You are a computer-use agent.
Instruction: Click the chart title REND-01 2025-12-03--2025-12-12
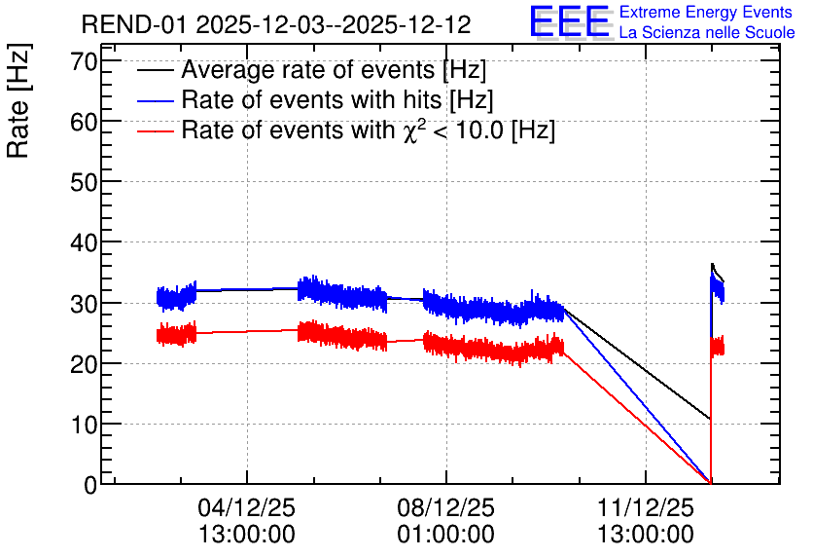pyautogui.click(x=276, y=24)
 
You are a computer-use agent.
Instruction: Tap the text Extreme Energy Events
pyautogui.click(x=706, y=12)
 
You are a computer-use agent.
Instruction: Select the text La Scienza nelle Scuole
pyautogui.click(x=707, y=33)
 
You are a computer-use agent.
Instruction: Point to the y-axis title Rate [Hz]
pyautogui.click(x=18, y=100)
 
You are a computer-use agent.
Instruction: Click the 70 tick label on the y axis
pyautogui.click(x=84, y=61)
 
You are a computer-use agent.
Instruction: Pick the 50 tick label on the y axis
pyautogui.click(x=84, y=183)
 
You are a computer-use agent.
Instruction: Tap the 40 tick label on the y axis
pyautogui.click(x=84, y=242)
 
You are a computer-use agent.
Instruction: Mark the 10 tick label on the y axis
pyautogui.click(x=84, y=425)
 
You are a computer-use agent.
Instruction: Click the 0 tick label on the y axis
pyautogui.click(x=90, y=485)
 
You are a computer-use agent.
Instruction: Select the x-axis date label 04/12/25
pyautogui.click(x=246, y=508)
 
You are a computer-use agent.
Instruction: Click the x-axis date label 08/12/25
pyautogui.click(x=446, y=508)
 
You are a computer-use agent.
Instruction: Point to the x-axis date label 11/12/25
pyautogui.click(x=646, y=508)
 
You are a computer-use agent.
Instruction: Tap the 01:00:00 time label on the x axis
pyautogui.click(x=446, y=535)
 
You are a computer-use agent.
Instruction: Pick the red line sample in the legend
pyautogui.click(x=156, y=130)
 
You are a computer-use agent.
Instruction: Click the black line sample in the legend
pyautogui.click(x=156, y=70)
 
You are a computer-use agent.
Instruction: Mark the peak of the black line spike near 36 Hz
pyautogui.click(x=712, y=264)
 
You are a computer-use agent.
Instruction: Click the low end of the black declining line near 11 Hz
pyautogui.click(x=709, y=418)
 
